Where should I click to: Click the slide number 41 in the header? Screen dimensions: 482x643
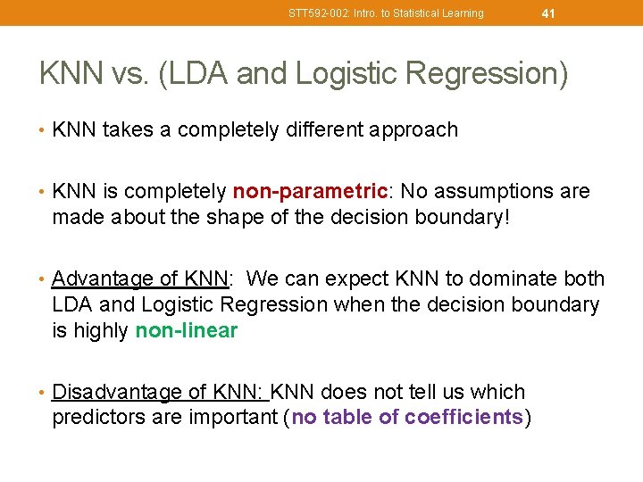[548, 13]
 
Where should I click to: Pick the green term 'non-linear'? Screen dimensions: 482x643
[187, 331]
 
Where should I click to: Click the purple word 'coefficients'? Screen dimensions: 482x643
[463, 417]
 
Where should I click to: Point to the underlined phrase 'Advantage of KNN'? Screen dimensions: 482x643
[139, 279]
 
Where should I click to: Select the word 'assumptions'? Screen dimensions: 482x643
[500, 192]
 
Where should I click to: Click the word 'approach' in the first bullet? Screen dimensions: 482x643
[413, 130]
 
